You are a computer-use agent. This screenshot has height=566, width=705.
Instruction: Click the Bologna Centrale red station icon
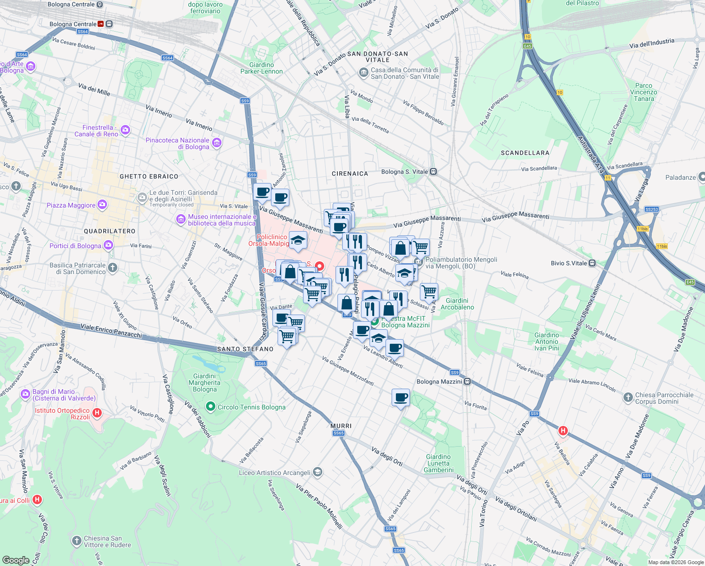click(101, 24)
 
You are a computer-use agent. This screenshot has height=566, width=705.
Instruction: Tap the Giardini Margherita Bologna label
click(205, 383)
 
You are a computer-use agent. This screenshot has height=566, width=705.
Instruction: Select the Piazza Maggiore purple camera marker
click(102, 205)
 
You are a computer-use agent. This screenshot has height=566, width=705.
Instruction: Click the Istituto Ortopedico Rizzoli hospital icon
click(97, 413)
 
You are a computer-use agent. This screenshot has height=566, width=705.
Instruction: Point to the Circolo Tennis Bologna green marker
click(211, 406)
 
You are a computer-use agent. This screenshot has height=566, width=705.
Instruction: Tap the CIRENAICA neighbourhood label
click(350, 174)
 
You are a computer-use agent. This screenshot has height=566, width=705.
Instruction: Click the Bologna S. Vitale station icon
click(433, 172)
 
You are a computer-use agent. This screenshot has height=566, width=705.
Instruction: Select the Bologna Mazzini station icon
click(467, 382)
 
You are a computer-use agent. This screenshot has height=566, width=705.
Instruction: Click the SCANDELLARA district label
click(525, 153)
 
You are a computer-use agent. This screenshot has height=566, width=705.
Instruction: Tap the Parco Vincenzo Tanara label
click(644, 92)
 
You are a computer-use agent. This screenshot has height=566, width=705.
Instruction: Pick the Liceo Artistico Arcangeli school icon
click(318, 472)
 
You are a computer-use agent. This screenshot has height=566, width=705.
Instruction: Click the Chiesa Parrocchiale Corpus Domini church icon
click(628, 398)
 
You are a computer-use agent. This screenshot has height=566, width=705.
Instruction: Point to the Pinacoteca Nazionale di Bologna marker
click(217, 143)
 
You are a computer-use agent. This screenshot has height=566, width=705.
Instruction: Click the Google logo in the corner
click(16, 560)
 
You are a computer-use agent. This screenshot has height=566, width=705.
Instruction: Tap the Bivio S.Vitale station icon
click(592, 263)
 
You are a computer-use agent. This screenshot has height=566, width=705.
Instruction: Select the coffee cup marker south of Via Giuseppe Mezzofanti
click(401, 398)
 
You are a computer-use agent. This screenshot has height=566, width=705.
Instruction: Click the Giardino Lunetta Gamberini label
click(438, 463)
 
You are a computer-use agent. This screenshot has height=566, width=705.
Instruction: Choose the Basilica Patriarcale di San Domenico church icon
click(112, 268)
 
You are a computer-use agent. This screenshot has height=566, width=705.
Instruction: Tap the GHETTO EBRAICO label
click(149, 176)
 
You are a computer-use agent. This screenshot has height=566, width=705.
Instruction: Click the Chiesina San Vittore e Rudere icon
click(76, 541)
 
